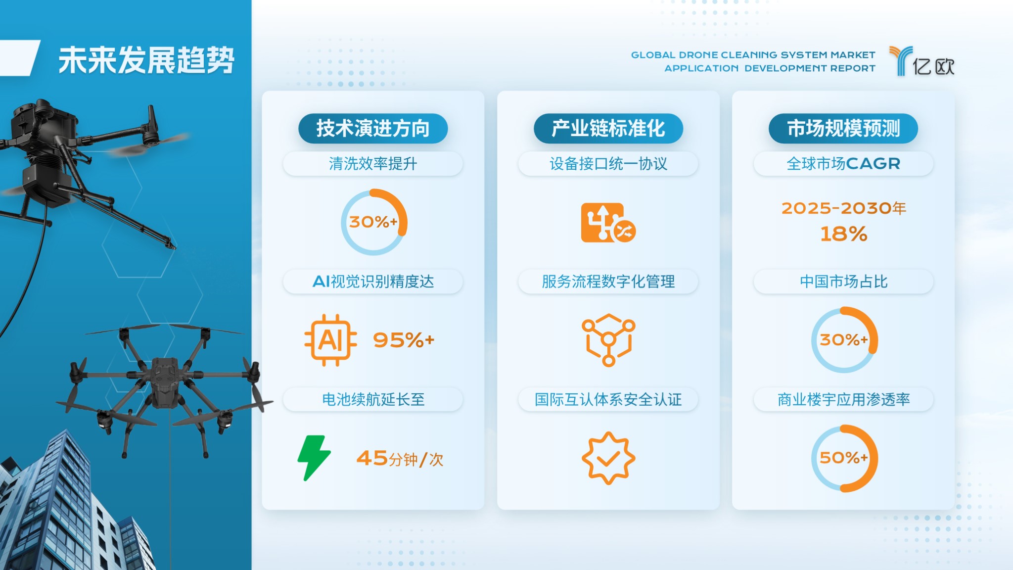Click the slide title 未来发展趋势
[146, 60]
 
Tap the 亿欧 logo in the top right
[921, 61]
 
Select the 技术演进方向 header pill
[373, 129]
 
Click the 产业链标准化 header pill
[608, 129]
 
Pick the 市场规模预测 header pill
[843, 129]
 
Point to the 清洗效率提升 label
[373, 164]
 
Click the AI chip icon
[330, 340]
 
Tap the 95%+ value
[404, 340]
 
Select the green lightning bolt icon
[314, 458]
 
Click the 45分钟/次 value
[400, 459]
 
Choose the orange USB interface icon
[608, 223]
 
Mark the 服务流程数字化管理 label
[608, 282]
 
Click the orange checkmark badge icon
[608, 458]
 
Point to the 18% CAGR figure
[843, 234]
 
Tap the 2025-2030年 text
[843, 208]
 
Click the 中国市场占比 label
[843, 282]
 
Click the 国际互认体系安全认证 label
[608, 399]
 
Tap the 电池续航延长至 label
[373, 399]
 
